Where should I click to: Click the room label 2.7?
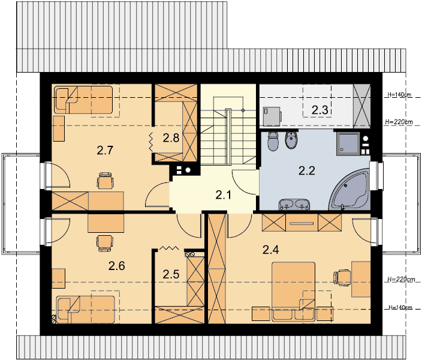[105, 151]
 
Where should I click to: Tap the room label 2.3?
[319, 110]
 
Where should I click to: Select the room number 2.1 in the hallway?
[224, 195]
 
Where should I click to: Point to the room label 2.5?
[171, 274]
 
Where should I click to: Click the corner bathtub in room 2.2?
[350, 190]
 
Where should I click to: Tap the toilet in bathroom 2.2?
[273, 141]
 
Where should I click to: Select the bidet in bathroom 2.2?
[291, 140]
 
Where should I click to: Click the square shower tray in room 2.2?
[348, 143]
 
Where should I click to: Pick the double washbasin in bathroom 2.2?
[294, 204]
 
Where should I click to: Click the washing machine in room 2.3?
[272, 116]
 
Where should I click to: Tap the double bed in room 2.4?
[293, 292]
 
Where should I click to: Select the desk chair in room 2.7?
[105, 180]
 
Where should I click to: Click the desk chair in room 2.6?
[104, 244]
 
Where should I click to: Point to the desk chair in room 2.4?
[342, 277]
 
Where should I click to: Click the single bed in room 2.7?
[83, 100]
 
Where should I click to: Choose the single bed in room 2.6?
[85, 310]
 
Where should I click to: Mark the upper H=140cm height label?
[399, 95]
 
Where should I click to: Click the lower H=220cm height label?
[401, 280]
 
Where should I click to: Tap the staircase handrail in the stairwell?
[228, 136]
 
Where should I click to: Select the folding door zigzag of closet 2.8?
[150, 142]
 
